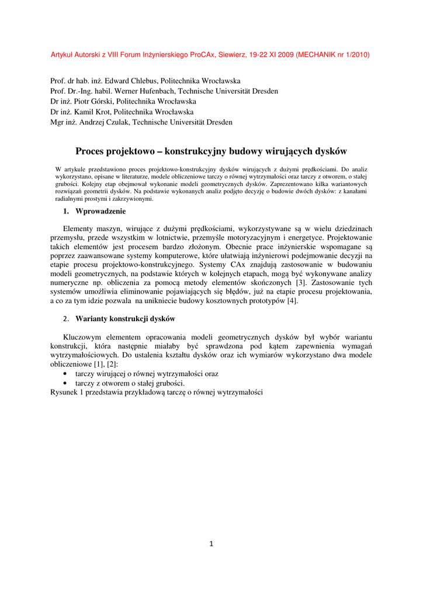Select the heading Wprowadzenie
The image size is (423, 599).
tap(100, 211)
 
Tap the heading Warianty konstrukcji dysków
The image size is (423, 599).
tap(125, 319)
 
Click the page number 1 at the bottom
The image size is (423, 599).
tap(211, 544)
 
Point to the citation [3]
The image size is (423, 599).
tap(301, 283)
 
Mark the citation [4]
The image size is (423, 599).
tap(292, 301)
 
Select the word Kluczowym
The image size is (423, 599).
tap(84, 338)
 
